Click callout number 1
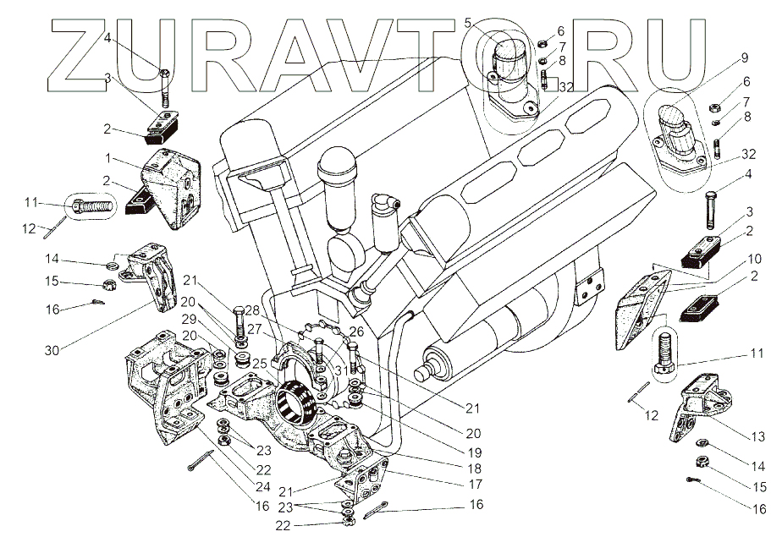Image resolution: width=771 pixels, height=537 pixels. point(108,158)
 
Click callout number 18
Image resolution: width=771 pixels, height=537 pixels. point(476,468)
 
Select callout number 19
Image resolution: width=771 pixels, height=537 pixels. point(475,452)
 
